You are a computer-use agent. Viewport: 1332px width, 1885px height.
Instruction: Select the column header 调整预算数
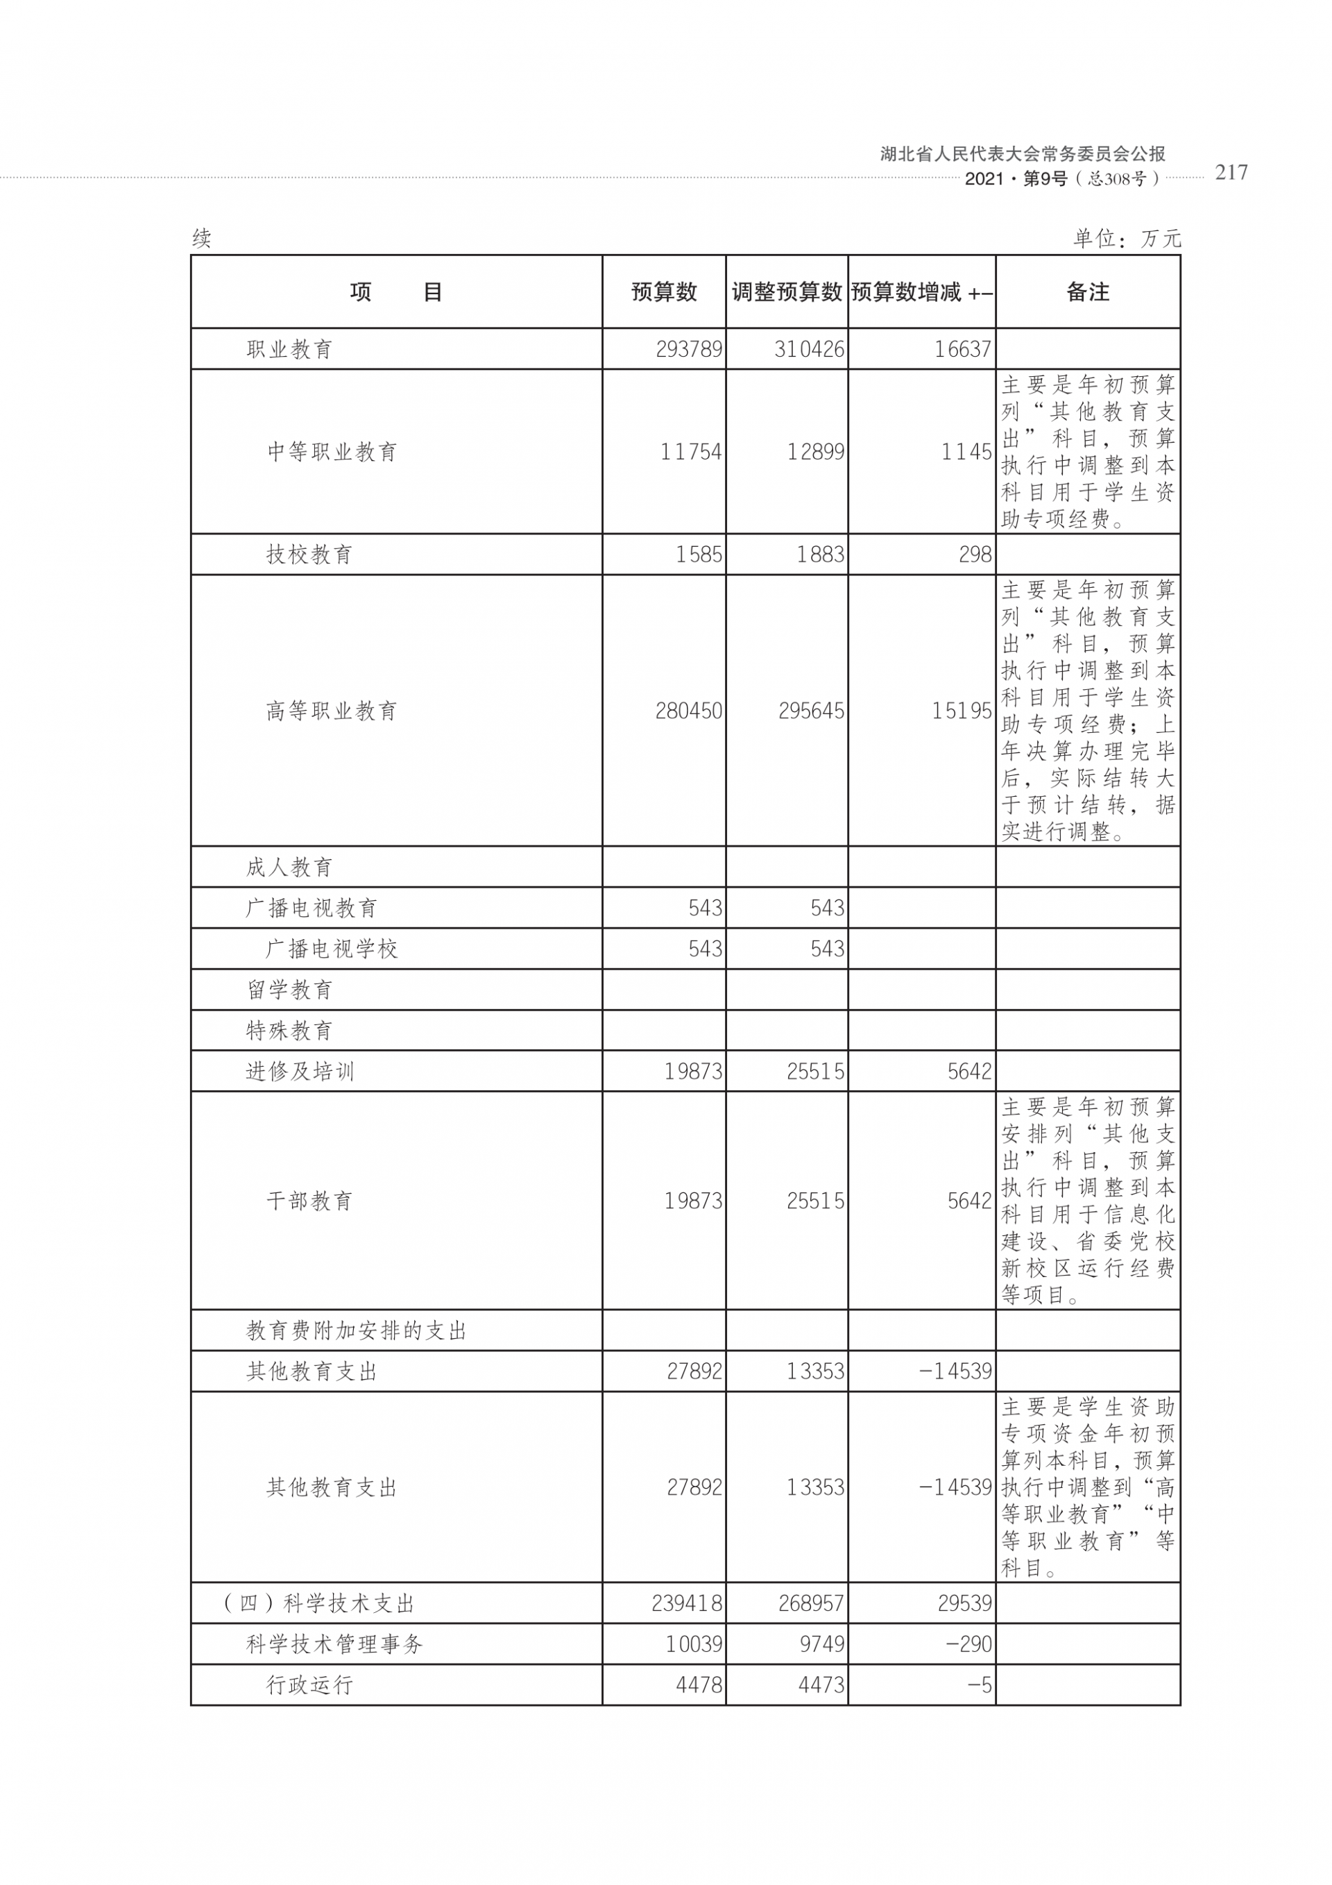[786, 291]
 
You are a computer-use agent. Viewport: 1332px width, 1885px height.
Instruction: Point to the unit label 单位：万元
[1127, 239]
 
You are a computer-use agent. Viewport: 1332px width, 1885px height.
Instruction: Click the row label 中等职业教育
[332, 452]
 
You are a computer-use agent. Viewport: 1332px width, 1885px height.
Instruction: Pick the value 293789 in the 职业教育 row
[689, 349]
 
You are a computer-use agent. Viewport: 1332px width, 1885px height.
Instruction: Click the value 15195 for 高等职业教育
[961, 710]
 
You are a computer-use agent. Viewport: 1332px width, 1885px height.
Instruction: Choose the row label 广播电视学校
[332, 949]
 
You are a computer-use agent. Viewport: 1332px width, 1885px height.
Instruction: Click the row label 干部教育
[309, 1201]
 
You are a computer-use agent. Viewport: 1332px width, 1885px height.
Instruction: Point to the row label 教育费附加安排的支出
[356, 1331]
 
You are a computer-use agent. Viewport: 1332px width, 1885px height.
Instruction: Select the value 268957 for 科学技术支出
[811, 1603]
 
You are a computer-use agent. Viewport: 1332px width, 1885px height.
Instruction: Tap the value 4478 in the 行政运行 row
[699, 1686]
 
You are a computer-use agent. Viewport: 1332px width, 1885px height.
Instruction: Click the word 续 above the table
[202, 239]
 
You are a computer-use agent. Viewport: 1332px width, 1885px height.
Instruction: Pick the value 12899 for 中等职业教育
[815, 452]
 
